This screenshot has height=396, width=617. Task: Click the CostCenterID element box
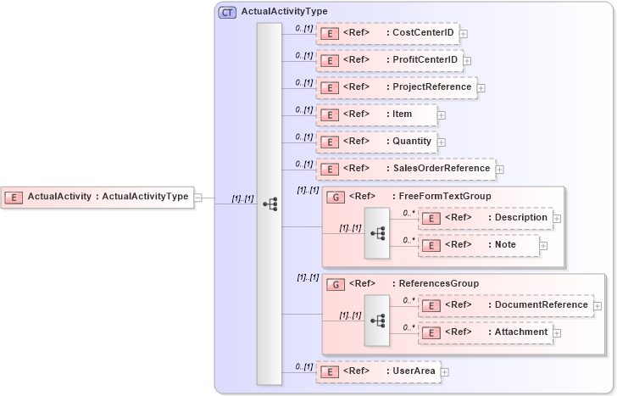pos(387,34)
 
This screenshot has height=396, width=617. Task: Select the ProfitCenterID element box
pos(389,60)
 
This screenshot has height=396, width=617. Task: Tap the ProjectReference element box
pos(396,87)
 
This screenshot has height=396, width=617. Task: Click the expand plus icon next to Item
pos(442,114)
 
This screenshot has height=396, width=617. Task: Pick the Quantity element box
pos(377,141)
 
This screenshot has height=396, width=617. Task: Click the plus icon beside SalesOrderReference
pos(499,169)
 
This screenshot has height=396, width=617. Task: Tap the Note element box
pos(479,245)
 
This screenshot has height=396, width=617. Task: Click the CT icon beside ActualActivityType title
pos(228,12)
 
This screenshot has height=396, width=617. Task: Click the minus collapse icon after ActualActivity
pos(197,197)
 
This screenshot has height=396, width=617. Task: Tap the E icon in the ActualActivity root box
pos(14,197)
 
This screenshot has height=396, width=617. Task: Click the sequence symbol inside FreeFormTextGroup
pos(378,232)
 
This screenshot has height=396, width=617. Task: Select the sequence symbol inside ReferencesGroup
pos(378,320)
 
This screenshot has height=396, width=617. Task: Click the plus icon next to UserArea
pos(444,371)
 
